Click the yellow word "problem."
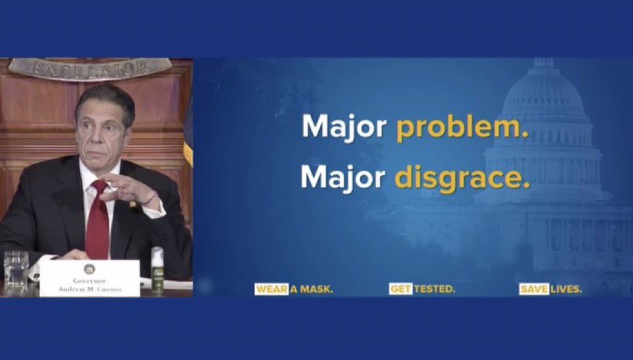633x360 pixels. (x=462, y=127)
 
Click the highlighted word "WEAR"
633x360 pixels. (x=271, y=289)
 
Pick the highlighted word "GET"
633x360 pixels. (x=400, y=289)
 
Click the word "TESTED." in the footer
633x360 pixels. (x=434, y=289)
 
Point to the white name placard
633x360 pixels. (x=89, y=278)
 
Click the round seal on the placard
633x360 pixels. (x=89, y=268)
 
